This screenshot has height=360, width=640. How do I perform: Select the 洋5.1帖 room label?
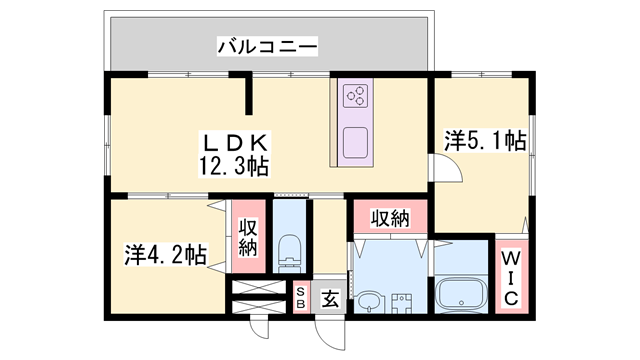485,141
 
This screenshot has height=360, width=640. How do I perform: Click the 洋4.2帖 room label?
166,254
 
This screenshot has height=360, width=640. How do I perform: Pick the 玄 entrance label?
329,298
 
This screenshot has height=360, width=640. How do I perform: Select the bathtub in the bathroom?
461,293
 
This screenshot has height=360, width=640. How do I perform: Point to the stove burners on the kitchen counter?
355,96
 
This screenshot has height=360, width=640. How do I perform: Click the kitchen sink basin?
356,141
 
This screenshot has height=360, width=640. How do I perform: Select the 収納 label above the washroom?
391,217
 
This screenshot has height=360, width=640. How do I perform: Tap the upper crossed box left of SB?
263,288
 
